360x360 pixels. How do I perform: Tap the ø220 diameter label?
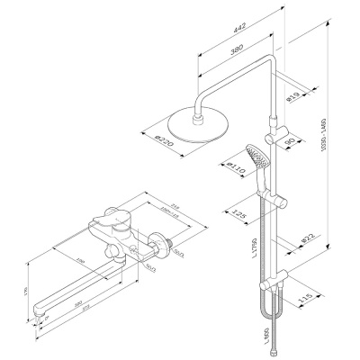(x=163, y=141)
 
